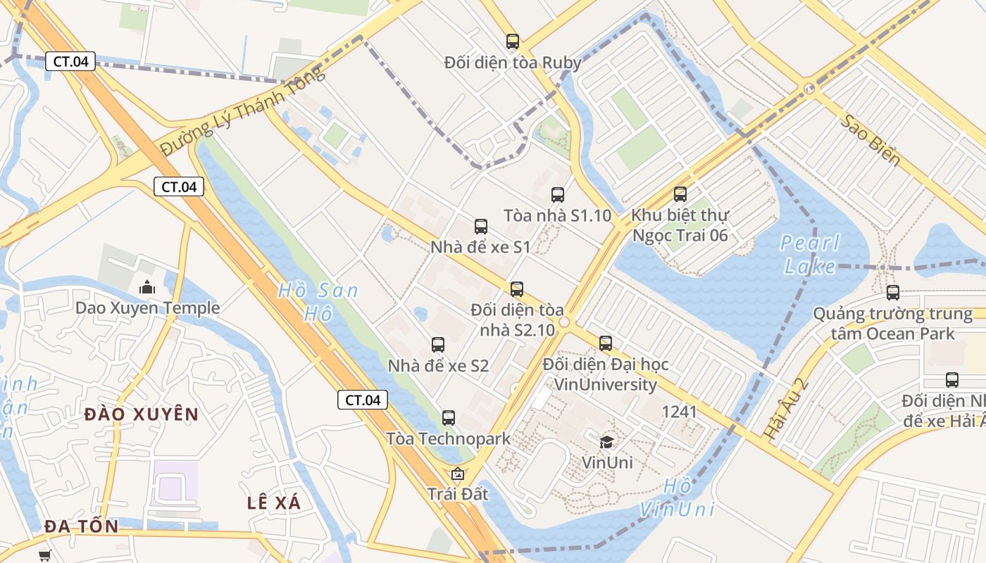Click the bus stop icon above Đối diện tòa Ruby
click(513, 42)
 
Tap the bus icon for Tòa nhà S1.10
click(558, 195)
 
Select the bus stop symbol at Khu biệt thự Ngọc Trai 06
click(680, 194)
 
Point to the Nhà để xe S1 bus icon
click(481, 227)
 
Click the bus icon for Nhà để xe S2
click(438, 345)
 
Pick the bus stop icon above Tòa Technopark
click(449, 418)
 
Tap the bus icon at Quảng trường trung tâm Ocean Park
click(893, 293)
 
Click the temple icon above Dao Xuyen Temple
click(147, 287)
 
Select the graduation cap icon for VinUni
click(606, 442)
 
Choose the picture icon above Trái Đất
click(458, 474)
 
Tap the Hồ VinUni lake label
click(678, 498)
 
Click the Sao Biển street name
click(870, 140)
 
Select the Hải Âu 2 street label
click(787, 409)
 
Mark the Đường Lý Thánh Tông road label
click(243, 111)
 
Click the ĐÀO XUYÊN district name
click(142, 415)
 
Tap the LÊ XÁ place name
click(274, 503)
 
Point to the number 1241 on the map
click(680, 412)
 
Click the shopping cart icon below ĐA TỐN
click(46, 556)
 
